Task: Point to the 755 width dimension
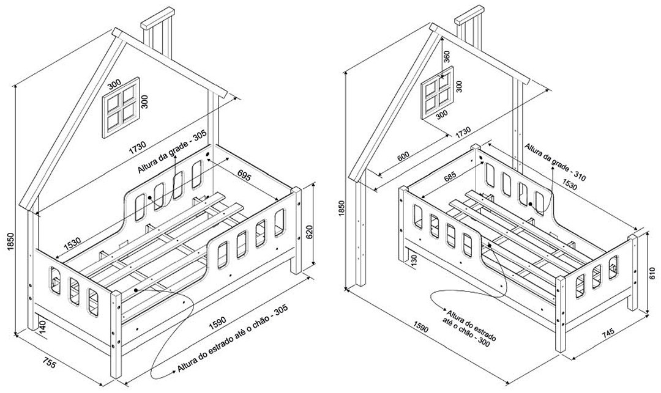click(x=50, y=362)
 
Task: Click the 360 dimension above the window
click(x=447, y=57)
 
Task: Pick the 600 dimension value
click(x=403, y=156)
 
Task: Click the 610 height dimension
click(x=652, y=273)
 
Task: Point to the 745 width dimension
click(x=608, y=333)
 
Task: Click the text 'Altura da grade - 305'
click(x=171, y=152)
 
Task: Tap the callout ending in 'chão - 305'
click(x=233, y=339)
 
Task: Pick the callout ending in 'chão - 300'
click(x=468, y=329)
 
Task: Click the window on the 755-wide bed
click(x=121, y=107)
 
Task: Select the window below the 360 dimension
click(x=438, y=92)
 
